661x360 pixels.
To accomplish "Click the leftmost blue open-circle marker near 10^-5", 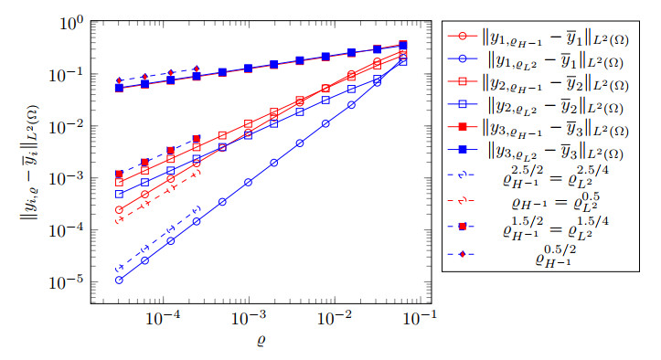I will pos(119,280).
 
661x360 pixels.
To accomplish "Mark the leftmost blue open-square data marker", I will pos(119,194).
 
